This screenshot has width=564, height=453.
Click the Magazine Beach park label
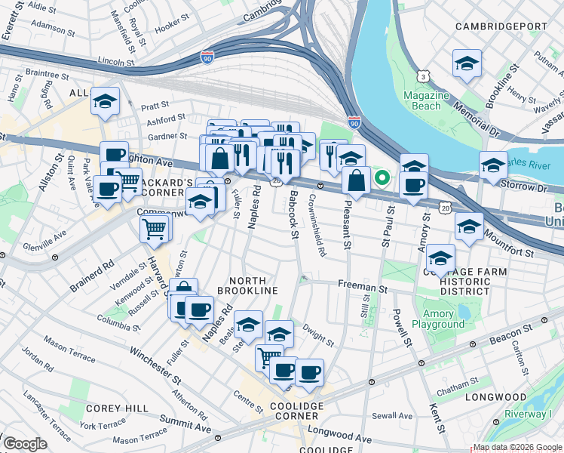(x=426, y=100)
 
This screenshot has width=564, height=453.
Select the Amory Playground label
(x=438, y=319)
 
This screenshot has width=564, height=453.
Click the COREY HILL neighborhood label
(x=110, y=408)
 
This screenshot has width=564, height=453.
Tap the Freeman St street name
(x=363, y=288)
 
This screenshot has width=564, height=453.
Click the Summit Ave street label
(x=185, y=426)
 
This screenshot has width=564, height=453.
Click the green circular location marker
(x=382, y=179)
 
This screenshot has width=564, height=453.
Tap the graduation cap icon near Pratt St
(x=105, y=100)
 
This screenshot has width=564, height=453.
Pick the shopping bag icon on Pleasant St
(x=357, y=180)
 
